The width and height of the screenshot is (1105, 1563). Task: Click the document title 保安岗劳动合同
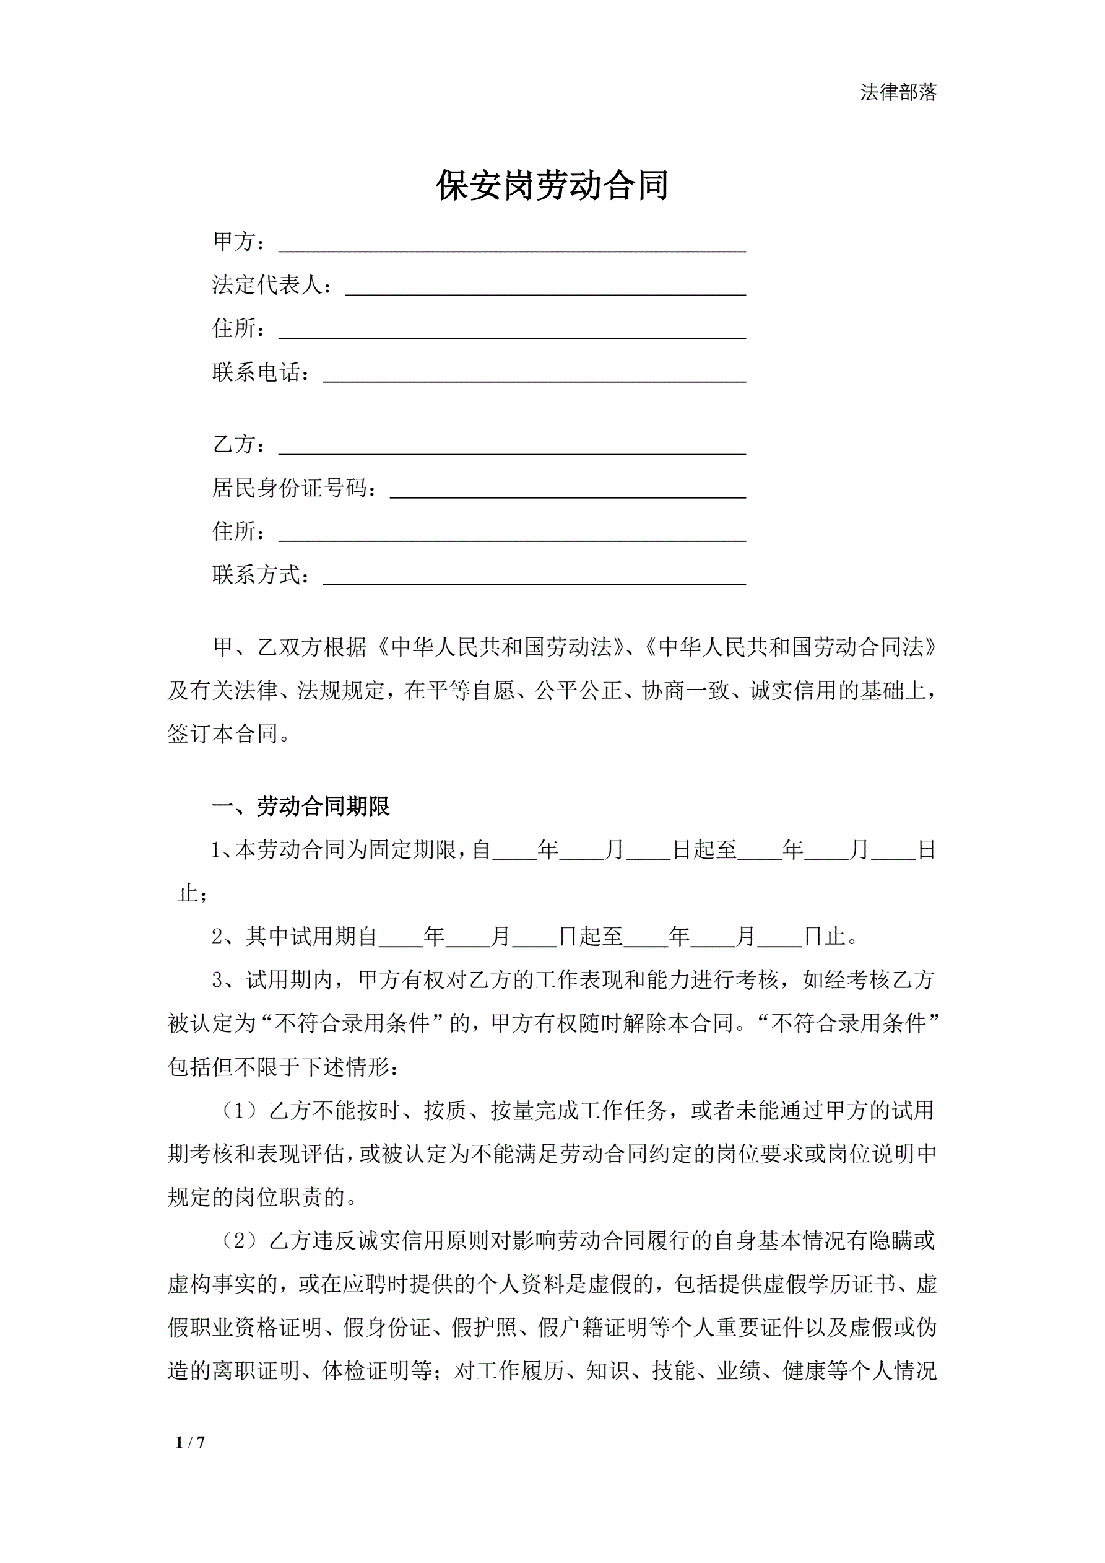(552, 185)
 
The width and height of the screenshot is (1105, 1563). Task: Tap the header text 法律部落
(898, 92)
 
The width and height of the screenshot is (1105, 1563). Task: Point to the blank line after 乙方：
(512, 447)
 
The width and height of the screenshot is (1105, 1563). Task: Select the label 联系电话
(256, 372)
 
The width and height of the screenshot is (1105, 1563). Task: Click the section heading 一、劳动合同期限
(301, 807)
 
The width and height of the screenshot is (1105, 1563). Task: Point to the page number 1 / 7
(190, 1442)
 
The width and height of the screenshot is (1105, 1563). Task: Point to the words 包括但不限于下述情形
(279, 1067)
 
